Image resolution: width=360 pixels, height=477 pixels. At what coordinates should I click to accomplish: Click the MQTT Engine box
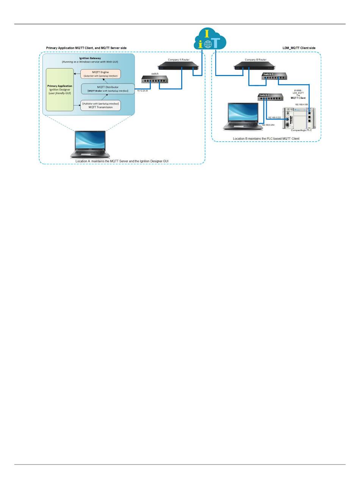[101, 74]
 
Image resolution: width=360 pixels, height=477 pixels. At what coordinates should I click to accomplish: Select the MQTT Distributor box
[108, 89]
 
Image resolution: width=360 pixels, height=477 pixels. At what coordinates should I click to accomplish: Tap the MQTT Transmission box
[101, 105]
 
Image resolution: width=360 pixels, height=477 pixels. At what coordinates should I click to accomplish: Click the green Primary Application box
[59, 90]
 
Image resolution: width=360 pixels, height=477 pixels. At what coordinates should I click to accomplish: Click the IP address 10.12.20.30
[142, 91]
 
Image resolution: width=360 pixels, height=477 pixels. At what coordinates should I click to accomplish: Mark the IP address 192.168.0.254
[268, 124]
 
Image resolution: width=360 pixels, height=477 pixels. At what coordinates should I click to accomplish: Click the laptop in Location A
[90, 144]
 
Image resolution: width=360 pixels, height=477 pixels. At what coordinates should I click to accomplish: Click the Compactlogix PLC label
[301, 130]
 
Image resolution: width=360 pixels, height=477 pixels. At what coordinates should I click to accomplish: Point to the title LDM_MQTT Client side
[299, 48]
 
